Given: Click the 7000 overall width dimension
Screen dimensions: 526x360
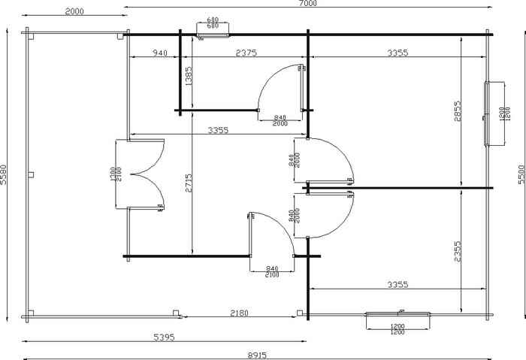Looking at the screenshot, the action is pyautogui.click(x=307, y=4).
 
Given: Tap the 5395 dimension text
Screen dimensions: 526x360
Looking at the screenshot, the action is pyautogui.click(x=164, y=337).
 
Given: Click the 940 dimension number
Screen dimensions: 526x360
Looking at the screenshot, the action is pyautogui.click(x=159, y=53).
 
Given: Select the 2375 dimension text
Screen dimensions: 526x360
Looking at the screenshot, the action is pyautogui.click(x=246, y=53).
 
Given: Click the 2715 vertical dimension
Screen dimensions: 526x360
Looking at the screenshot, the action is pyautogui.click(x=189, y=185).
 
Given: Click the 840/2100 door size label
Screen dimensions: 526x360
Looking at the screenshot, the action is pyautogui.click(x=272, y=273).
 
